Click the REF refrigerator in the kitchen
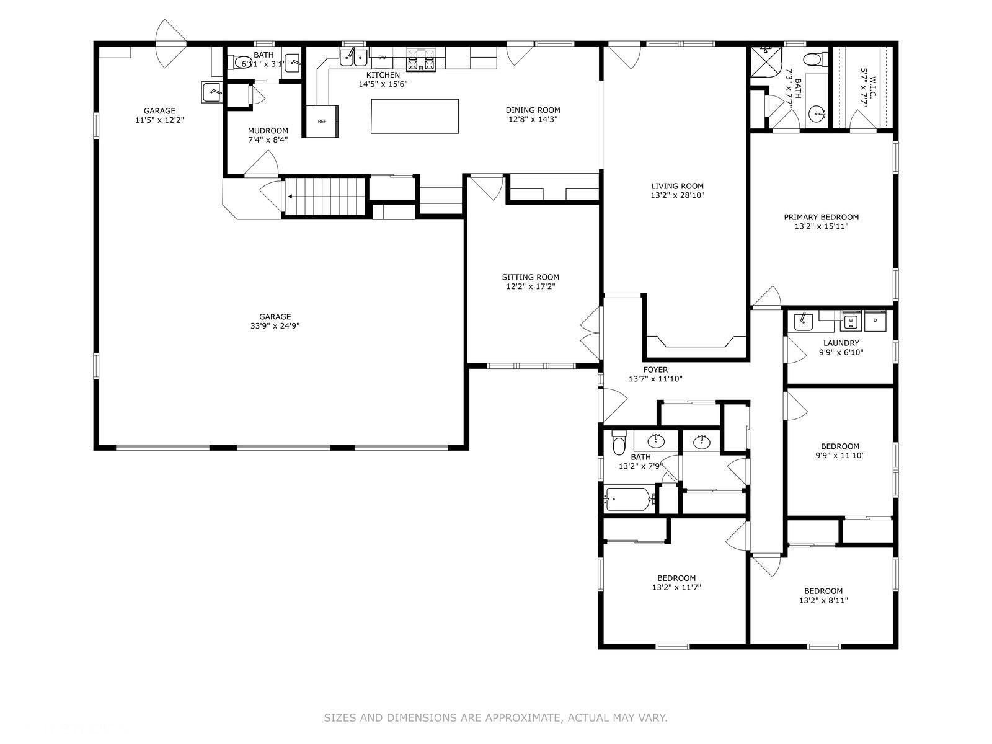tap(322, 121)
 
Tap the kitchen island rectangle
tap(414, 116)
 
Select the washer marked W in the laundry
tap(851, 321)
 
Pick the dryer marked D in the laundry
tap(874, 321)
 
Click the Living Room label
tap(677, 185)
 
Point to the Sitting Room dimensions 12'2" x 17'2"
tap(530, 286)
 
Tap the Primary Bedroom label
tap(821, 217)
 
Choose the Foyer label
tap(655, 370)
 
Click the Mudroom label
tap(268, 131)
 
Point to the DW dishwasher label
tap(382, 58)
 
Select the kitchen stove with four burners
tap(421, 60)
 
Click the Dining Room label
tap(533, 110)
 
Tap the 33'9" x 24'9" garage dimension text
tap(275, 326)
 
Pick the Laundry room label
tap(841, 343)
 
